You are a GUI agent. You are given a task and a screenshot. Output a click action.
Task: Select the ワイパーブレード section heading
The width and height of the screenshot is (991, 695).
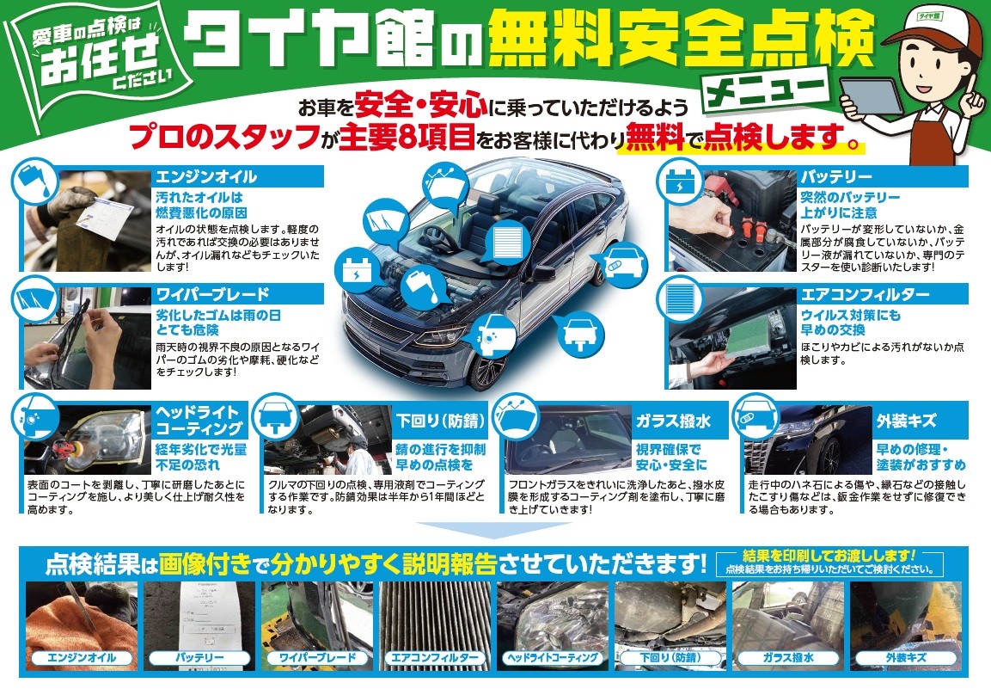point(211,294)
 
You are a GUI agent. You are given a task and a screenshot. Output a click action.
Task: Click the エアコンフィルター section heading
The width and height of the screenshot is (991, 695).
point(864,294)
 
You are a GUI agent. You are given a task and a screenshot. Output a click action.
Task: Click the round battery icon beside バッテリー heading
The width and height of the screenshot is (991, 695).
point(680,181)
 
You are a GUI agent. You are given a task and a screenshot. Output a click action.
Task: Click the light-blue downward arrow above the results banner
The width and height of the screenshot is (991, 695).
point(447,529)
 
